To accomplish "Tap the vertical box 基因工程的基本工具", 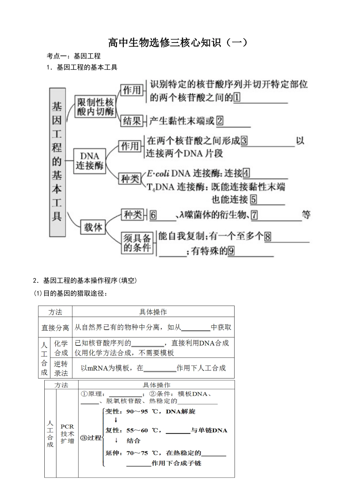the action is coord(57,161).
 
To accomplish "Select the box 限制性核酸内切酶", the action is coord(95,107).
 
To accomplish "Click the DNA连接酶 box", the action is coord(89,161).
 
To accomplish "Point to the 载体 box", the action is coord(93,227).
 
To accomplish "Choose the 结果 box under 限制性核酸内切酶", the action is coord(132,121).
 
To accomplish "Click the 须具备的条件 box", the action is coord(137,243).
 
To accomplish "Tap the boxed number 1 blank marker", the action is coord(237,97).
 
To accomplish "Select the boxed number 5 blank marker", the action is coord(254,199).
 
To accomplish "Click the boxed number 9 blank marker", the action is coord(231,251).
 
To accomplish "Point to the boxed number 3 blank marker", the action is coord(244,141).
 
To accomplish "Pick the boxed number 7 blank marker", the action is coord(254,215).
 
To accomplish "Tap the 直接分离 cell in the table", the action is coord(55,328).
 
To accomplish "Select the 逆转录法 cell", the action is coord(61,368).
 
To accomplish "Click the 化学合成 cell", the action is coord(61,348).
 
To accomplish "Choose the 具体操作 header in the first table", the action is coord(153,312).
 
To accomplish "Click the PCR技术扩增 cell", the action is coord(67,434).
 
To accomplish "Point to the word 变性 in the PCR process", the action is coord(113,412).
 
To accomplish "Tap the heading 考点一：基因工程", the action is coord(74,56).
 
